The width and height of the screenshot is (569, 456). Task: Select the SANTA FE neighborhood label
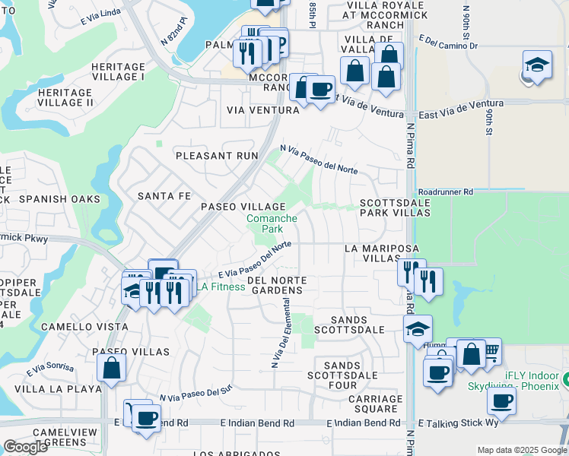[x=164, y=196]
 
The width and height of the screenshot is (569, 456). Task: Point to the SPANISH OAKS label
[x=59, y=199]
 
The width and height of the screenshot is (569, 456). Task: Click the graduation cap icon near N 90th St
[x=537, y=65]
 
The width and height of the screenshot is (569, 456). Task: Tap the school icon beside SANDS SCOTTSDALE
[x=418, y=328]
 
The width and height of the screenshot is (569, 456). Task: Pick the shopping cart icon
[x=489, y=350]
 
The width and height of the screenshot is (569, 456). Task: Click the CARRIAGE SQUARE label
[x=376, y=404]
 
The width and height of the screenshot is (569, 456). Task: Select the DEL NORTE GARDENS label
[x=275, y=285]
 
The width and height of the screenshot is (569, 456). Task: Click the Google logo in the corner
[x=25, y=447]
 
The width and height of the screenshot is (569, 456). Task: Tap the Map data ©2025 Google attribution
[x=521, y=450]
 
